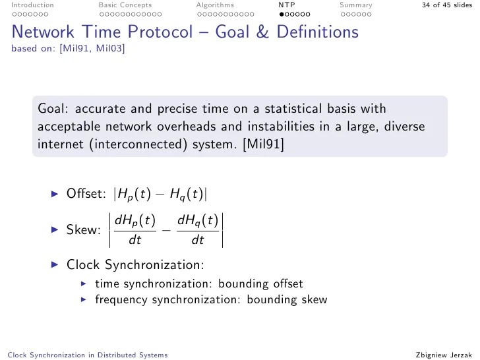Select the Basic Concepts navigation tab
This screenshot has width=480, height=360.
click(125, 5)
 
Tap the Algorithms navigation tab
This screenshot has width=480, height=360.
click(215, 5)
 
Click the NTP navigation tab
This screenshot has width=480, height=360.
click(286, 5)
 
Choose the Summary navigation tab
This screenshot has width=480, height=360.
click(355, 5)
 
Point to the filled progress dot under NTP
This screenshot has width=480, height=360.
click(282, 13)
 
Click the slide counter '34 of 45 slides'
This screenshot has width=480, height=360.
click(447, 5)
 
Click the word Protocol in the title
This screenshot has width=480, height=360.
click(196, 32)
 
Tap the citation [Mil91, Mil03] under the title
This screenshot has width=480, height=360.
click(92, 47)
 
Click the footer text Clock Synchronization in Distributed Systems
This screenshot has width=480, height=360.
click(86, 355)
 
